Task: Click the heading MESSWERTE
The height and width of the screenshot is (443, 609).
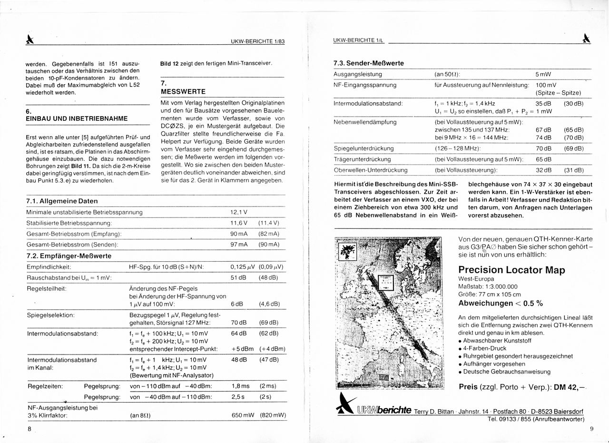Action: click(x=183, y=91)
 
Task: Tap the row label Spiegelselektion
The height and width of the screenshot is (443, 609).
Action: click(x=51, y=315)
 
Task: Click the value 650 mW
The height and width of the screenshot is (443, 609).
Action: click(x=243, y=415)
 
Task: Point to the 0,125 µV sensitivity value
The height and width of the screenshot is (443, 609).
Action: click(x=243, y=267)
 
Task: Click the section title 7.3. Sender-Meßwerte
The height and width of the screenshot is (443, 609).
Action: click(x=369, y=63)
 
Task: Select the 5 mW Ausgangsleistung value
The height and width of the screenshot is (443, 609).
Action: click(x=543, y=74)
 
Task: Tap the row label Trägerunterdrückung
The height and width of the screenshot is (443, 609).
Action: click(x=362, y=159)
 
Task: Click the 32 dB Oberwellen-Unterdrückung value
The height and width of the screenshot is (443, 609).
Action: click(x=543, y=170)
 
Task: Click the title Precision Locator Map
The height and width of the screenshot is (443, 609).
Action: click(x=511, y=270)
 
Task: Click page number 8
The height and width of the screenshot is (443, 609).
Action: click(x=29, y=429)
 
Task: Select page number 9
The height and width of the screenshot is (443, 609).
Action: click(x=591, y=429)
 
